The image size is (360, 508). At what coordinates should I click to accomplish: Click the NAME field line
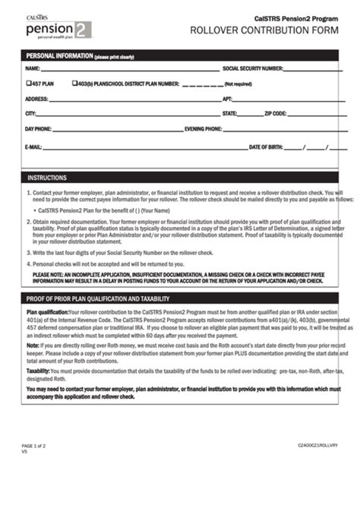(x=129, y=69)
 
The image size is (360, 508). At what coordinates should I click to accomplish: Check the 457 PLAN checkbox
(x=28, y=84)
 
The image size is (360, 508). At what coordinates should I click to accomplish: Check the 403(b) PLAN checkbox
(x=74, y=84)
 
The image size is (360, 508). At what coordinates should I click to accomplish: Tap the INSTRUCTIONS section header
(x=47, y=178)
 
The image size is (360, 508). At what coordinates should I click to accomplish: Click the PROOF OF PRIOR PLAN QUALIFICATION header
(x=98, y=298)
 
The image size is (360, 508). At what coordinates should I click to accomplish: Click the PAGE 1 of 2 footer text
(x=33, y=445)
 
